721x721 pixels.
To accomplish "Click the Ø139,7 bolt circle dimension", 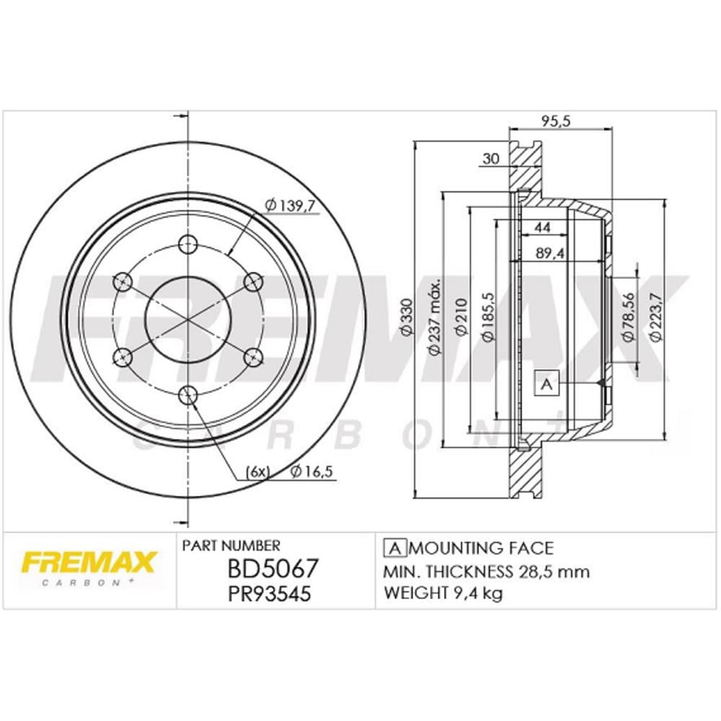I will tap(291, 207).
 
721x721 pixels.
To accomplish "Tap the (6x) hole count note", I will tap(257, 472).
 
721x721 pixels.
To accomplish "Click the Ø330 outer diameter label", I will tap(405, 317).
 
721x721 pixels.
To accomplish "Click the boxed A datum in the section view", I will tap(546, 384).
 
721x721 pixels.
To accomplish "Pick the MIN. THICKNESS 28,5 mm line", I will tap(487, 572).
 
